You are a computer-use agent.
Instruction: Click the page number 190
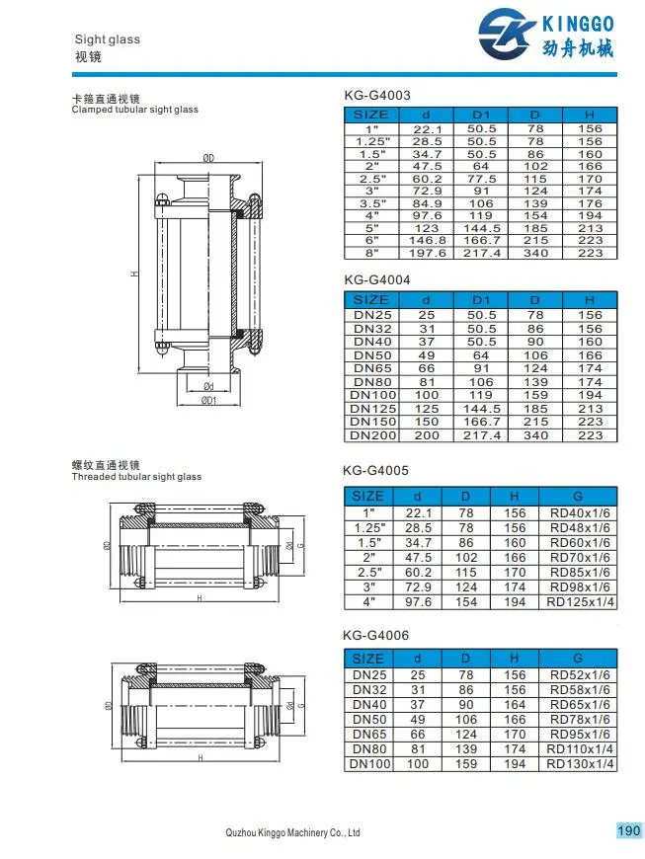point(628,830)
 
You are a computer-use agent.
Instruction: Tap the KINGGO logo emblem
point(507,34)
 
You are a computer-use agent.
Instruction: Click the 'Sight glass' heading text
point(108,39)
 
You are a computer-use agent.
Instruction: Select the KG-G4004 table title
point(377,280)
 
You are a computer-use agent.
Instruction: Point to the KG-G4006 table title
point(376,636)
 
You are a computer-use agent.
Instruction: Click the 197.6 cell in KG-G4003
point(427,253)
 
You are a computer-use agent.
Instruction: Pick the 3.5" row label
point(372,203)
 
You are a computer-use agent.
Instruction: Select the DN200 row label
point(372,435)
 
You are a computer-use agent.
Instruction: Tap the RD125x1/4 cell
point(581,602)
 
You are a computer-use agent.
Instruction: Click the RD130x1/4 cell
point(581,764)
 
